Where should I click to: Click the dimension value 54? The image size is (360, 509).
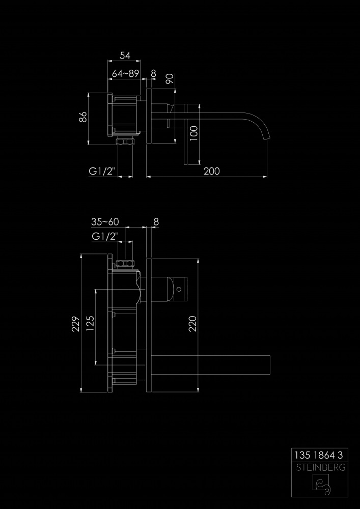pyautogui.click(x=125, y=55)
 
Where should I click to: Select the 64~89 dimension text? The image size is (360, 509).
pyautogui.click(x=125, y=74)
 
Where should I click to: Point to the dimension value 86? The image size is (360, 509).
pyautogui.click(x=83, y=117)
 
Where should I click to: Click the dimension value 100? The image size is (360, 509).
pyautogui.click(x=194, y=133)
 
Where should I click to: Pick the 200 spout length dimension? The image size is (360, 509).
pyautogui.click(x=212, y=171)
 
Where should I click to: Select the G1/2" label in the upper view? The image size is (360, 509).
pyautogui.click(x=102, y=171)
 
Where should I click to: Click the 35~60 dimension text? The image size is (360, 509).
pyautogui.click(x=105, y=222)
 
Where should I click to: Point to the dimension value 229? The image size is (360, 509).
pyautogui.click(x=76, y=324)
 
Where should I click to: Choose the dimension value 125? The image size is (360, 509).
pyautogui.click(x=91, y=323)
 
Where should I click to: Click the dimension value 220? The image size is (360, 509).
pyautogui.click(x=193, y=324)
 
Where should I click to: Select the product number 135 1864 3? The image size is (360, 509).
pyautogui.click(x=318, y=455)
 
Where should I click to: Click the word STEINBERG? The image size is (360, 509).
pyautogui.click(x=320, y=467)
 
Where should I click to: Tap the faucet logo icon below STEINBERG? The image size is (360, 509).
pyautogui.click(x=321, y=485)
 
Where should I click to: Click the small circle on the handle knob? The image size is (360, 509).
pyautogui.click(x=178, y=289)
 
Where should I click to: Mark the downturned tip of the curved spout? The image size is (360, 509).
pyautogui.click(x=268, y=138)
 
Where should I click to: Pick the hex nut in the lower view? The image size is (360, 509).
pyautogui.click(x=125, y=263)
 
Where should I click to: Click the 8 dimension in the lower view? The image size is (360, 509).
pyautogui.click(x=156, y=222)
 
